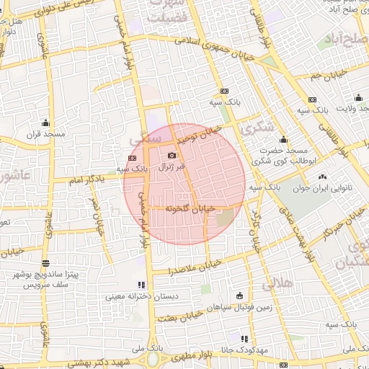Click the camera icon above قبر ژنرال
pos(172,155)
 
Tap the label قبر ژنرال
pos(172,166)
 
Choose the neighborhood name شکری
pos(259,128)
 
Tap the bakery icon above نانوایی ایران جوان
pos(322,177)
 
